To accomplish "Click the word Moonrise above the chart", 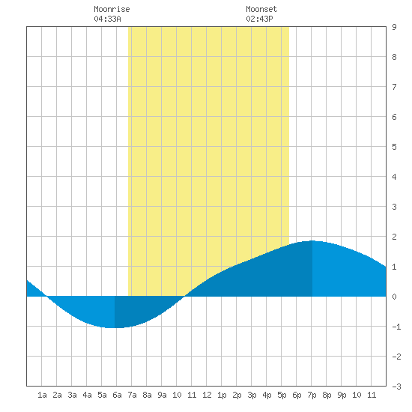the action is click(112, 9).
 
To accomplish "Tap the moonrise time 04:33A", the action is click(107, 19).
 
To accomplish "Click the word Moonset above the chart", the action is click(261, 9).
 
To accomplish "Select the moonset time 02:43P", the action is click(259, 19).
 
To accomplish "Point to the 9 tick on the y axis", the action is click(394, 27).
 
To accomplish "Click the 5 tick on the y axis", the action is click(394, 147).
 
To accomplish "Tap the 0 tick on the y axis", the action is click(394, 297).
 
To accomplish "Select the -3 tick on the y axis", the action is click(396, 387).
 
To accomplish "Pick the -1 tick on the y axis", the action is click(396, 327).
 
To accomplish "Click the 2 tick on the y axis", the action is click(394, 237).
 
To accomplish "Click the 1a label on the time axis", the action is click(42, 395).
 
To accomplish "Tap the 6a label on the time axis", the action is click(117, 395).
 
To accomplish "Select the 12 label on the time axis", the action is click(207, 395).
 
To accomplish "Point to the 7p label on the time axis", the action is click(312, 395).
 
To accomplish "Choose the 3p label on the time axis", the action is click(252, 395).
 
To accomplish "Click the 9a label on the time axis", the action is click(162, 395).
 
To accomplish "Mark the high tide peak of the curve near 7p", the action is click(312, 240).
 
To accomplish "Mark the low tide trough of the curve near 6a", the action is click(115, 327).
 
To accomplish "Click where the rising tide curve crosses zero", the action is click(185, 297).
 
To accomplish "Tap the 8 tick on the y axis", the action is click(394, 57).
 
